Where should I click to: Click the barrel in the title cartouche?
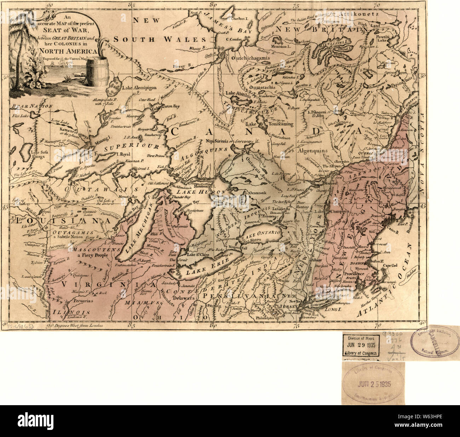(97, 72)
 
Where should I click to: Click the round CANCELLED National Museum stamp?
(435, 342)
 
